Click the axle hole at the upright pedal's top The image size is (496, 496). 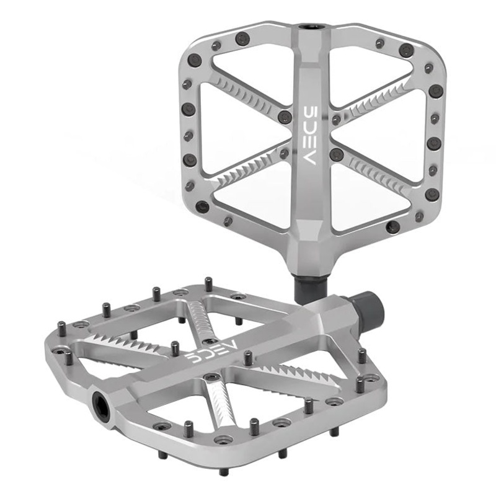pos(308,29)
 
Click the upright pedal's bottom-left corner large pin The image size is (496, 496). pos(201,206)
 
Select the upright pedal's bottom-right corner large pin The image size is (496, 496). pos(394,227)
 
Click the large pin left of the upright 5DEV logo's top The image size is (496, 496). pos(285,117)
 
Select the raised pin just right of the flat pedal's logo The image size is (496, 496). pos(248,357)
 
